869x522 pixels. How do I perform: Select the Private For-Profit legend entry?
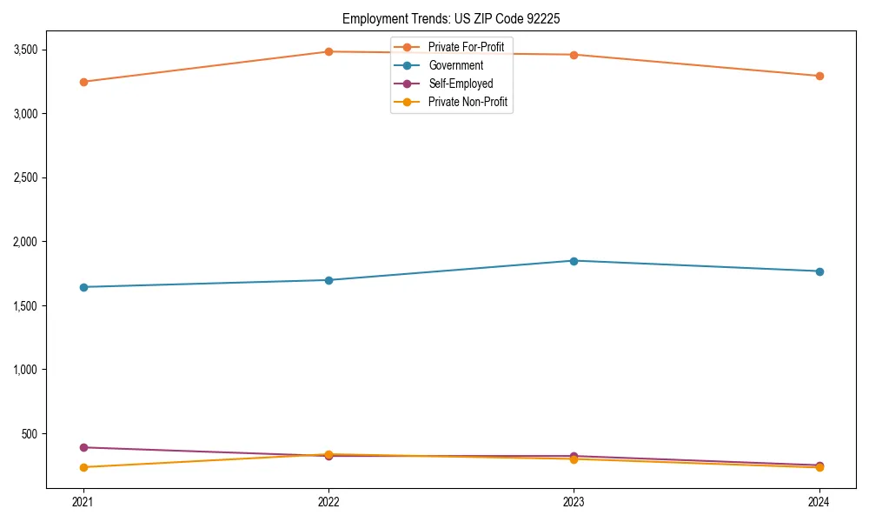[x=466, y=46]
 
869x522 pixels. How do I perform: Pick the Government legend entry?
[x=455, y=65]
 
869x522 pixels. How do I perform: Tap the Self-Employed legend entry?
[x=461, y=84]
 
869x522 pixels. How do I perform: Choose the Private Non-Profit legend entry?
[x=468, y=103]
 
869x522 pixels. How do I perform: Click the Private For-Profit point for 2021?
[x=83, y=82]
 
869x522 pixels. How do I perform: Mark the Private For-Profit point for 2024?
[x=819, y=76]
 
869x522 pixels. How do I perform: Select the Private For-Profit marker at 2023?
[x=574, y=55]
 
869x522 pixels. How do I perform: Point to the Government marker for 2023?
[x=574, y=261]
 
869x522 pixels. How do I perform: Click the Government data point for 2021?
[x=83, y=287]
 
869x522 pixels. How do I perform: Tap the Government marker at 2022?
[x=328, y=280]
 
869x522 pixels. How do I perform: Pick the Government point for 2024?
[x=819, y=271]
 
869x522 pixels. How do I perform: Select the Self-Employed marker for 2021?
[x=83, y=447]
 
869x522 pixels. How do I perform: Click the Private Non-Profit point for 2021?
[x=83, y=467]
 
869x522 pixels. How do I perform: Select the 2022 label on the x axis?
[x=328, y=501]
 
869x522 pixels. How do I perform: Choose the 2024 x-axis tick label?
[x=819, y=501]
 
